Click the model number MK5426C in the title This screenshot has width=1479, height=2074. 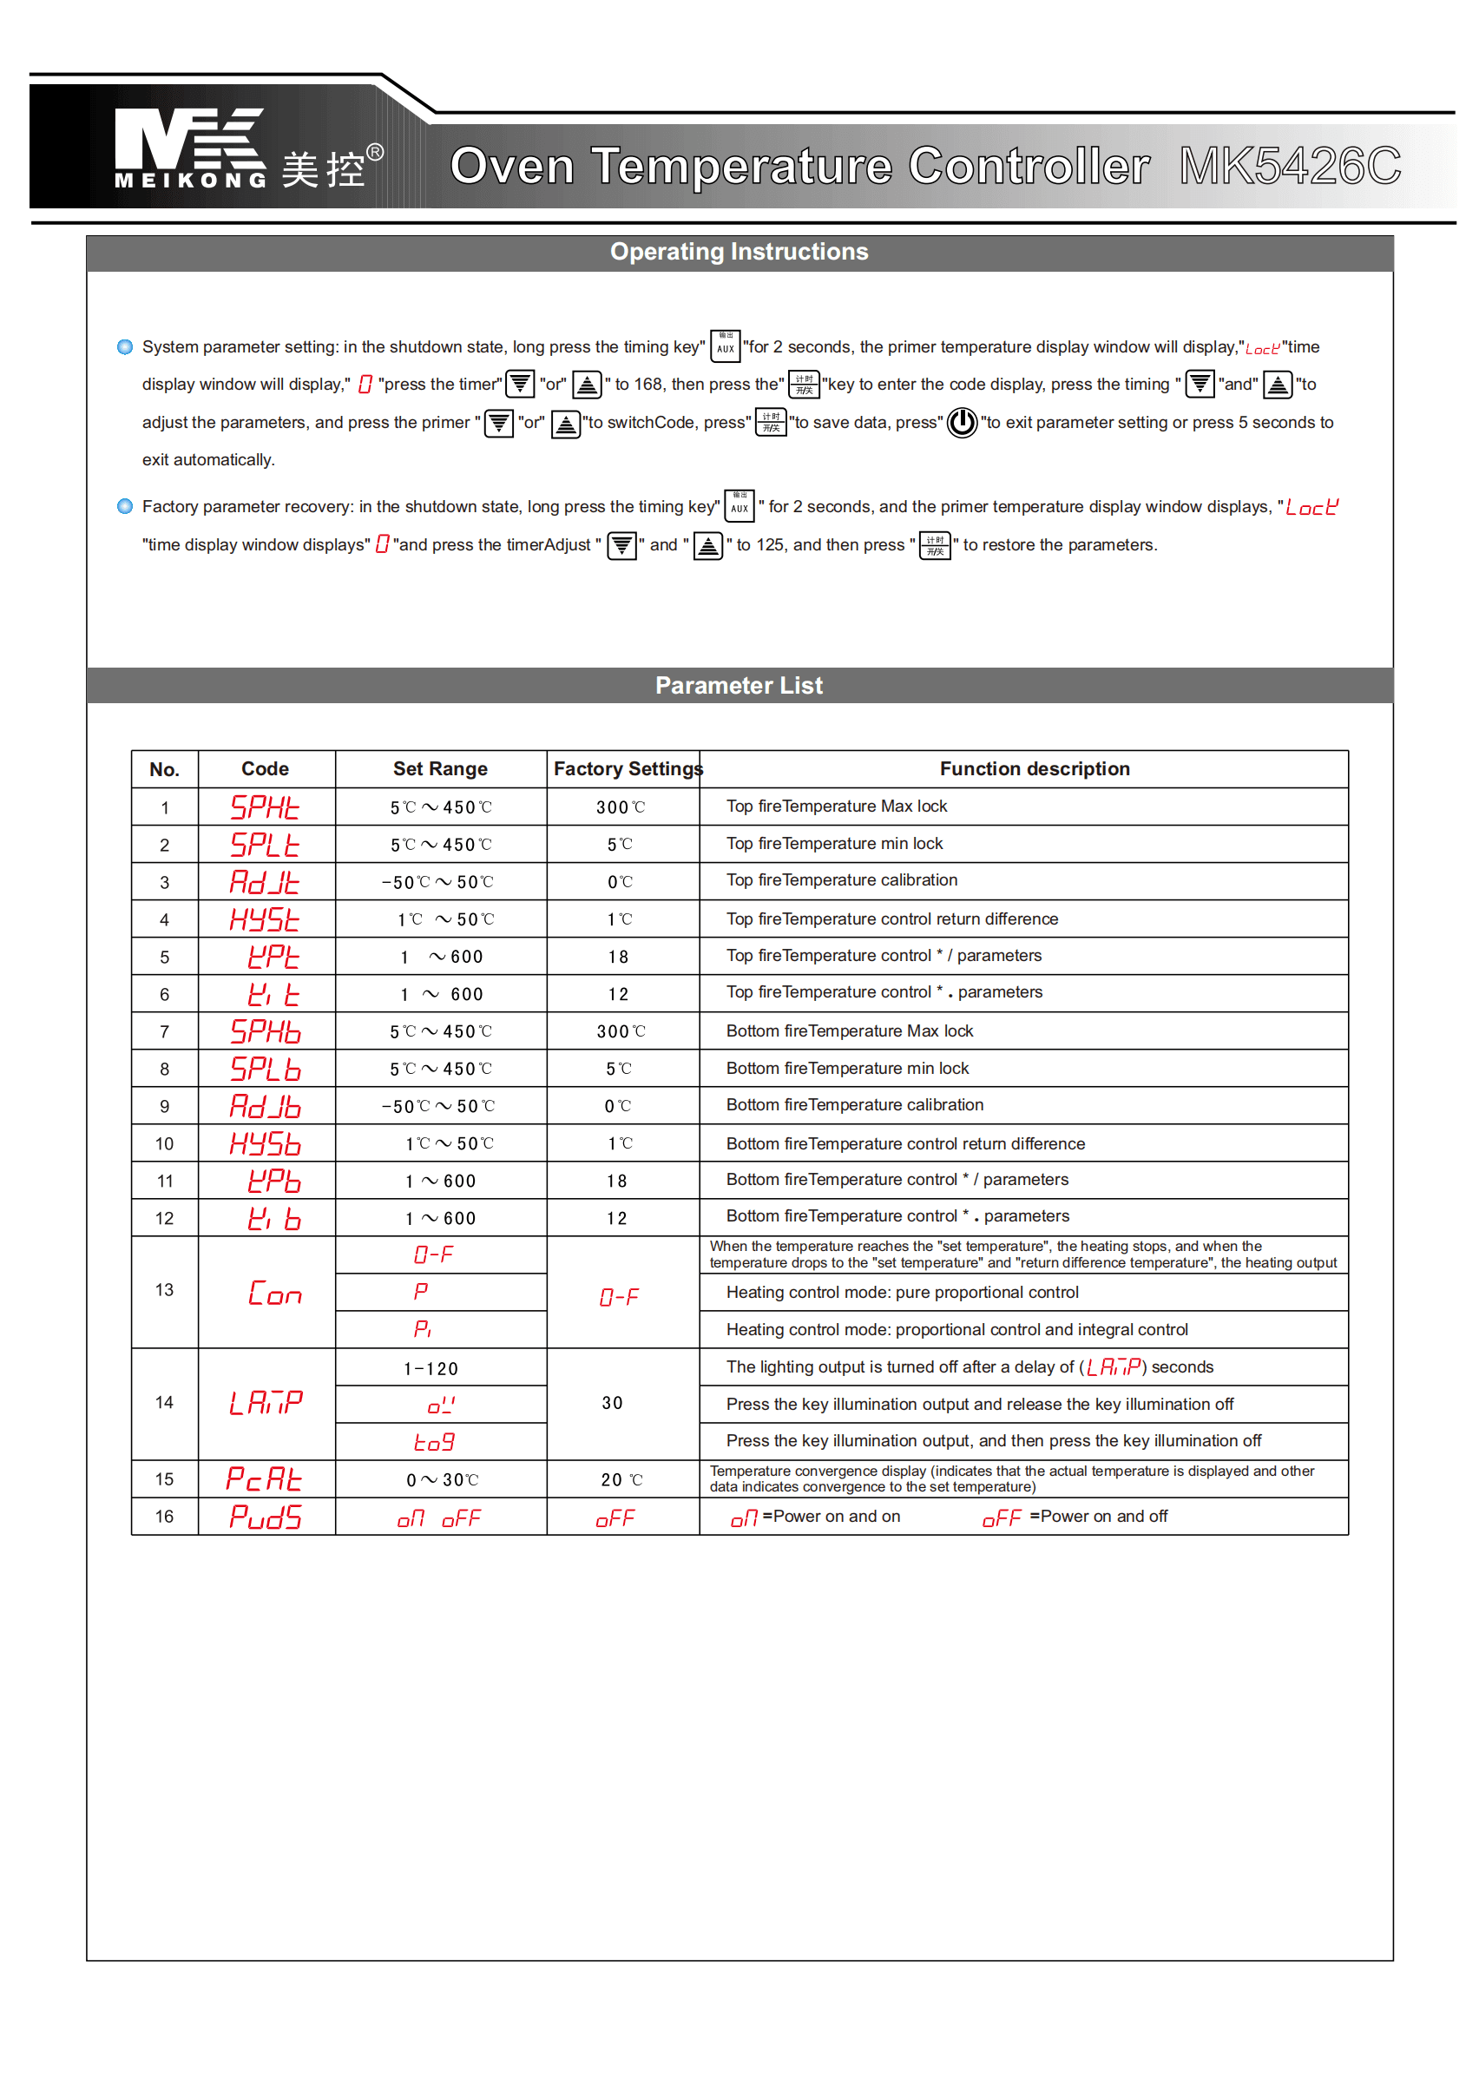click(1290, 167)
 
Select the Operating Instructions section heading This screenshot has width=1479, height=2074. click(739, 253)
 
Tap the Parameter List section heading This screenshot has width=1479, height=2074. click(739, 686)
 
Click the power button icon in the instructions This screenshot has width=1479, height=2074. click(962, 423)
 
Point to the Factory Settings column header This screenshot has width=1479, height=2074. click(628, 769)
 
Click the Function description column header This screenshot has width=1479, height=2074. click(1035, 769)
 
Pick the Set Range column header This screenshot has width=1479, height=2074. click(440, 769)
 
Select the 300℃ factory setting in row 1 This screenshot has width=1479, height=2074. click(621, 807)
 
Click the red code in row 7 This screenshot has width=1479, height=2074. click(265, 1031)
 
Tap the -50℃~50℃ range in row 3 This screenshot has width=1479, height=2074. click(438, 882)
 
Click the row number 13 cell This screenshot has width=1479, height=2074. click(165, 1290)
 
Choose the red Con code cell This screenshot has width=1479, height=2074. click(273, 1294)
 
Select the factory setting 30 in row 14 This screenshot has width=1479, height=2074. click(612, 1403)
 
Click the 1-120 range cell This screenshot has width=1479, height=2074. click(431, 1369)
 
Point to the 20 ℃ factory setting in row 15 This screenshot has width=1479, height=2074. click(621, 1480)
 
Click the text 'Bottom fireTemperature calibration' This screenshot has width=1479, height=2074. click(854, 1105)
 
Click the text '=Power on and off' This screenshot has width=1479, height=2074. click(1098, 1517)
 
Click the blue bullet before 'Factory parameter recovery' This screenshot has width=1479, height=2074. click(125, 506)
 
